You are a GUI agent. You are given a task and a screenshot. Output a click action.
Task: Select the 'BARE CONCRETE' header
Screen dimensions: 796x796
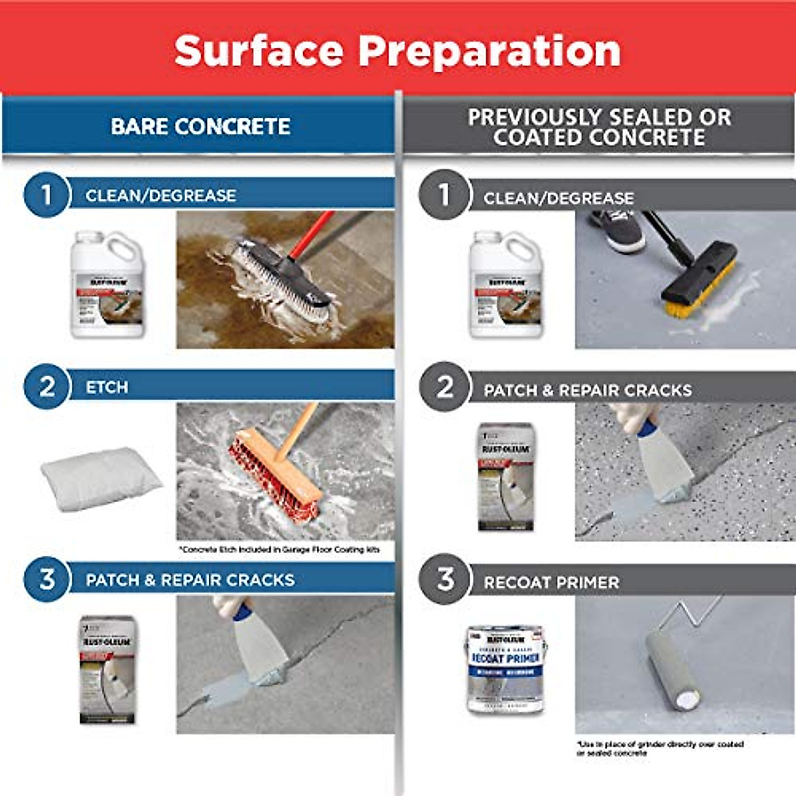coord(200,126)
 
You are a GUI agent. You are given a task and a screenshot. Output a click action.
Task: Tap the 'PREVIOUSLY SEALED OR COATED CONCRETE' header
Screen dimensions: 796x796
coord(599,127)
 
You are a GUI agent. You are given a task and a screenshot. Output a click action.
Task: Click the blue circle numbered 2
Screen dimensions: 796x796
coord(46,386)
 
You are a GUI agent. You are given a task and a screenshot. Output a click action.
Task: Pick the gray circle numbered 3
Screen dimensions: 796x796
coord(444,579)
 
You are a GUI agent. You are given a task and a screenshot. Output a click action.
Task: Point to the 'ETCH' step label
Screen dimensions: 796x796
coord(107,387)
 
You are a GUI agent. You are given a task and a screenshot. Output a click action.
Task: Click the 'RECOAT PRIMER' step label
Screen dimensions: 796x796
coord(551,582)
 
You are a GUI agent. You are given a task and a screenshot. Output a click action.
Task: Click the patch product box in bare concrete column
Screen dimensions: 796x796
coord(107,670)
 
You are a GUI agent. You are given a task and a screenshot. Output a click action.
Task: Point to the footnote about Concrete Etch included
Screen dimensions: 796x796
coord(279,549)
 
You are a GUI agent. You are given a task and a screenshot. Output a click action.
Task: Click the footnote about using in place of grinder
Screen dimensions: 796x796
coord(659,748)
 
